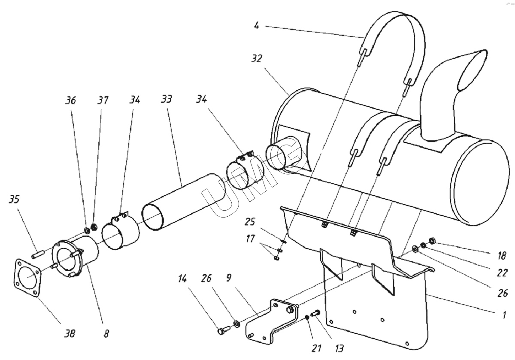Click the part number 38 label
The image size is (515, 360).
[70, 333]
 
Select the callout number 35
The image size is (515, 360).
[14, 200]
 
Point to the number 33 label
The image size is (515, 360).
[166, 99]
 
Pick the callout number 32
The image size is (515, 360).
[257, 59]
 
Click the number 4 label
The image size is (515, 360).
[257, 26]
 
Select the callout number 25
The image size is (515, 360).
[250, 222]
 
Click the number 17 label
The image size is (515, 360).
[250, 239]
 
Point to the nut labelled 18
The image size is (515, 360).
[432, 241]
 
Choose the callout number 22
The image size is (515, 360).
[502, 273]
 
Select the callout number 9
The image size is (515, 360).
[228, 278]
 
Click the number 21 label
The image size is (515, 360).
[316, 348]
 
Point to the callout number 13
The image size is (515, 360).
[339, 348]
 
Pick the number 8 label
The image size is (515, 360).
[106, 333]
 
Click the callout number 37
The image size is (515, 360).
[103, 100]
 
